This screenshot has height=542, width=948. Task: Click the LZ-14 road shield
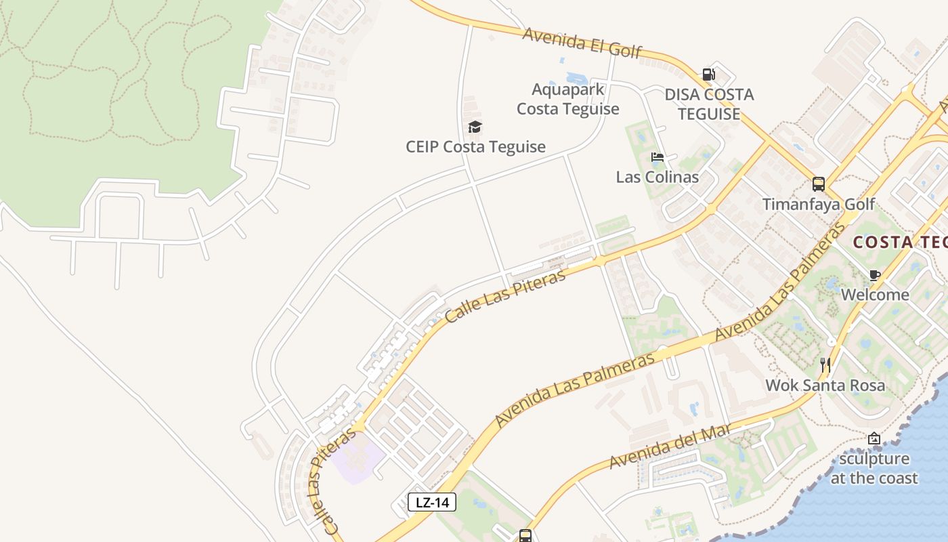tap(432, 502)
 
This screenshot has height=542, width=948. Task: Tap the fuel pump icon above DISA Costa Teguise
tap(708, 74)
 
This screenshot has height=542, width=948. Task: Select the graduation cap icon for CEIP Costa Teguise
tap(475, 127)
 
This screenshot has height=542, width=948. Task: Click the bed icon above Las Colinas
tap(657, 157)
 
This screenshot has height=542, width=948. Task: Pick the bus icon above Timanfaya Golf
tap(818, 184)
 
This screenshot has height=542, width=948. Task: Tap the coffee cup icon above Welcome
tap(875, 275)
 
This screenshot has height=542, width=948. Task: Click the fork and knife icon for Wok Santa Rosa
tap(825, 365)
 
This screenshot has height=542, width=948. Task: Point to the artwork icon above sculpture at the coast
tap(874, 438)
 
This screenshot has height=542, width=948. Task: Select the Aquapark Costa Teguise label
tap(568, 99)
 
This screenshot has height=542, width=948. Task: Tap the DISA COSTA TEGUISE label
tap(709, 104)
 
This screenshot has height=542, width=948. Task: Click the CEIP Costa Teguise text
tap(475, 146)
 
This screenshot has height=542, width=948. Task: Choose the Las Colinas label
tap(657, 177)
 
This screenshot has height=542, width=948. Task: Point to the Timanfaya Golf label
tap(818, 204)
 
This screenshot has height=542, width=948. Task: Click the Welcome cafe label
tap(875, 295)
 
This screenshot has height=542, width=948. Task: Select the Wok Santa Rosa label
tap(825, 385)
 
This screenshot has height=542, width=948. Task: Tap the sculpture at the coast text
tap(874, 468)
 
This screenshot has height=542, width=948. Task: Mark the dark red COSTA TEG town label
tap(899, 242)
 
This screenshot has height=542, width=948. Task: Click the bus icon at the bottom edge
tap(525, 535)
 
